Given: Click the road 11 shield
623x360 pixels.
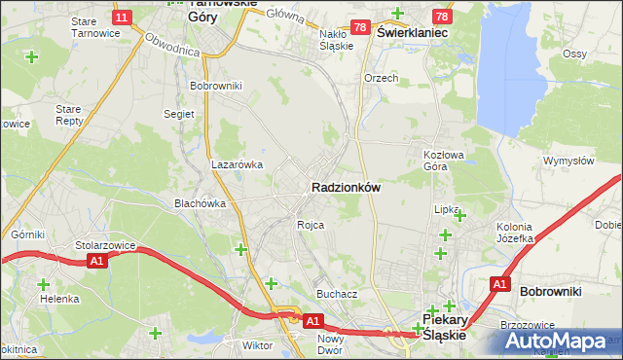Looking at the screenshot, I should tap(122, 18).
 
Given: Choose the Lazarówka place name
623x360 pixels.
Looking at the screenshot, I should tap(238, 164).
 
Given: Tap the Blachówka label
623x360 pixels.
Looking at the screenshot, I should tap(200, 203).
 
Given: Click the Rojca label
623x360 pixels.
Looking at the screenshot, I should tap(311, 225).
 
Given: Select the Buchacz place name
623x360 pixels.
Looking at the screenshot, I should tap(337, 293).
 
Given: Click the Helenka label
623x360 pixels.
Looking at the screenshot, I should tap(58, 299).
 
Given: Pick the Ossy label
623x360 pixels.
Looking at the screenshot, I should tap(602, 53).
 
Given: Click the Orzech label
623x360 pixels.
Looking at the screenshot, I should tap(381, 78).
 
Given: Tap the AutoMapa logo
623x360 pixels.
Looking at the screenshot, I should tap(559, 341).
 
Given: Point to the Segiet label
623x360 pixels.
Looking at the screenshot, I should tap(179, 113).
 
